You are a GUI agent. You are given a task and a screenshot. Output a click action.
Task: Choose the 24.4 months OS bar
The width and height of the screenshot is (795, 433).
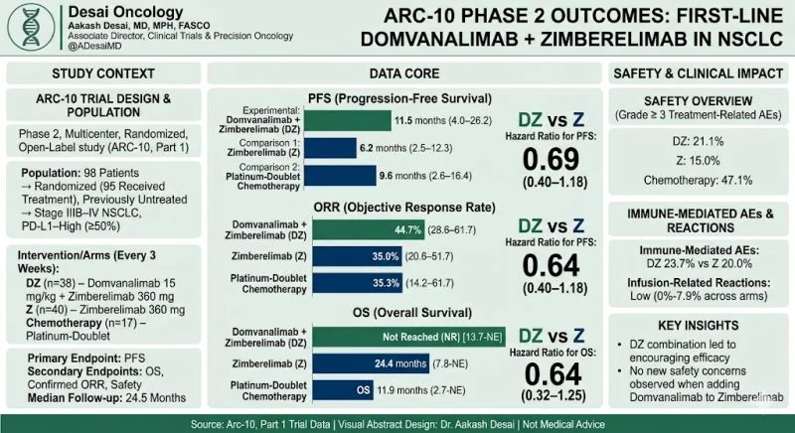point(387,364)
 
